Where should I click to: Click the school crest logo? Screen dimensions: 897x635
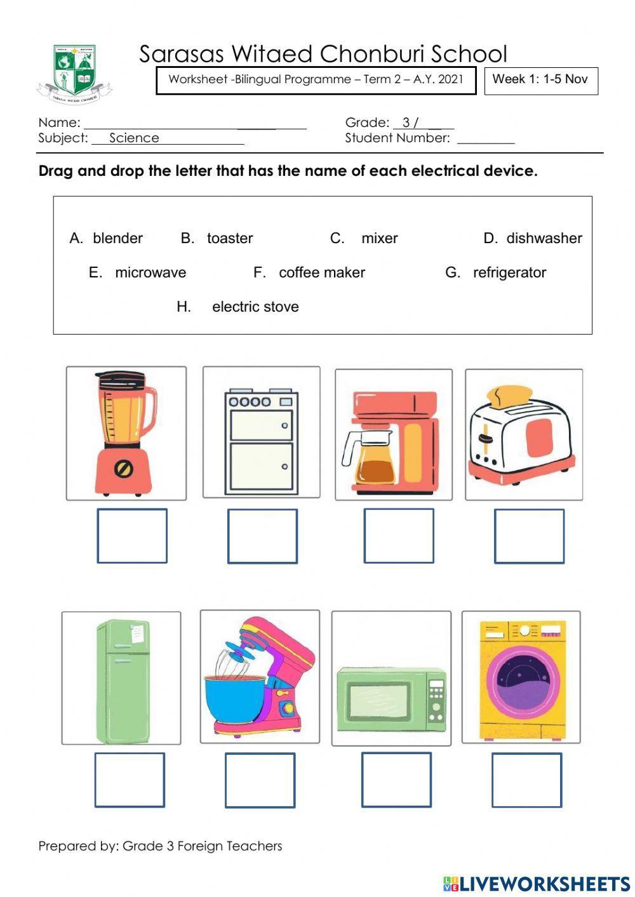[75, 74]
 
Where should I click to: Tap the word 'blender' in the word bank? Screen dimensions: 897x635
[117, 238]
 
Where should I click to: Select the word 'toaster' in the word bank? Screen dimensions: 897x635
[229, 238]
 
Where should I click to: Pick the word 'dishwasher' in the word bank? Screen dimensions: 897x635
[544, 238]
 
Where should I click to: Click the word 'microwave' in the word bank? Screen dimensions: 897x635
[150, 272]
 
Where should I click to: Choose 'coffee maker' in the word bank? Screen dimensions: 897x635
[321, 272]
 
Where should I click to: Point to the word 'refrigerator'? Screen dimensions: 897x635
[509, 272]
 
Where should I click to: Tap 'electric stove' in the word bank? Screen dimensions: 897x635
[255, 307]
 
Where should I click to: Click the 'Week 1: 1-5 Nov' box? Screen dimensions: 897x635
[541, 80]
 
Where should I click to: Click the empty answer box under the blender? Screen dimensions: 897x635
[132, 536]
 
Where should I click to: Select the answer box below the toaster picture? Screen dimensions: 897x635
[529, 536]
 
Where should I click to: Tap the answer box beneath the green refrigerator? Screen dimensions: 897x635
[130, 780]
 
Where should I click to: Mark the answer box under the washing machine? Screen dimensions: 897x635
[526, 780]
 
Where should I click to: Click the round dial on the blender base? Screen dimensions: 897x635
[123, 469]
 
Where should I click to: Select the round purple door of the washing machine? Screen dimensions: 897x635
[525, 679]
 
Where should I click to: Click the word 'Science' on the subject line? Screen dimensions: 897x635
[134, 138]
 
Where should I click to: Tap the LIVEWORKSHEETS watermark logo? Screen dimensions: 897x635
[537, 883]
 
